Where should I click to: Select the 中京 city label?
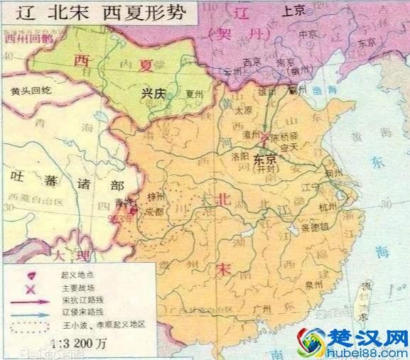point(307,34)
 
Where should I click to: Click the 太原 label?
point(243,111)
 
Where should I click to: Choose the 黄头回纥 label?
point(26,92)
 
